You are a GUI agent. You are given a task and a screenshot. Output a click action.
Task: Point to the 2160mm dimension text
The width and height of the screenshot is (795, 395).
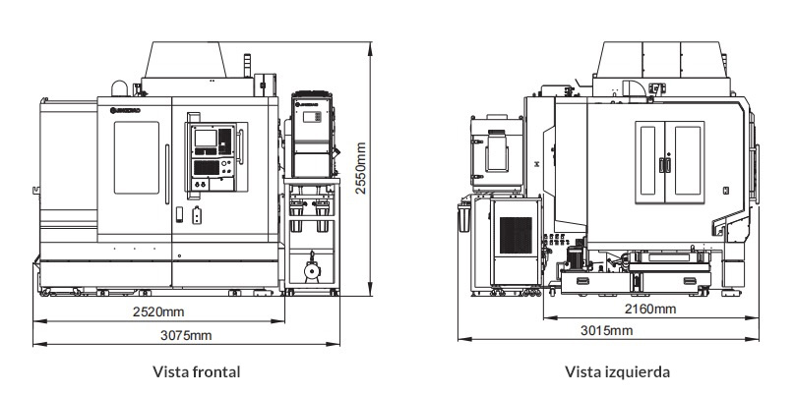(650, 310)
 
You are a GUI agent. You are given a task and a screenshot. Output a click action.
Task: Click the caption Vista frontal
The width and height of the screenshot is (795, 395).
(197, 372)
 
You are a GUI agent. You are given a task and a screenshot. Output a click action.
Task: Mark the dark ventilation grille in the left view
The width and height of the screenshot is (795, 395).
(515, 234)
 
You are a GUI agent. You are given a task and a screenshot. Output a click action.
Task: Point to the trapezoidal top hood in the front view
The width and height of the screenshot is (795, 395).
(197, 63)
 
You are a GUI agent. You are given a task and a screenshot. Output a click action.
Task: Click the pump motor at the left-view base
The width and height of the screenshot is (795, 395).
(573, 258)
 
